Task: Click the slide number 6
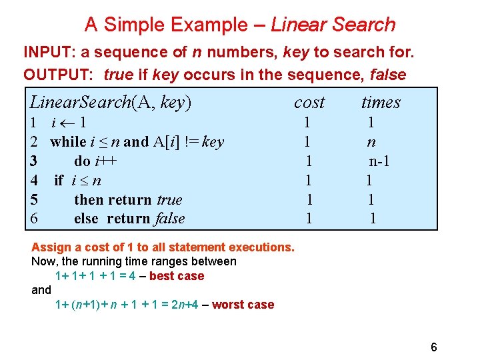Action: (434, 347)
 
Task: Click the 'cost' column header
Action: (309, 103)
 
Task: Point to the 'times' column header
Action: (381, 103)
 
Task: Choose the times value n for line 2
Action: (371, 141)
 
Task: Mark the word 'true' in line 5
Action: (169, 199)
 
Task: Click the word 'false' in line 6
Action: (169, 219)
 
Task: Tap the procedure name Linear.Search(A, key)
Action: (111, 103)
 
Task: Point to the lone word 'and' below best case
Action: (41, 290)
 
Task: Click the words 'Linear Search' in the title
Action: (333, 25)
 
